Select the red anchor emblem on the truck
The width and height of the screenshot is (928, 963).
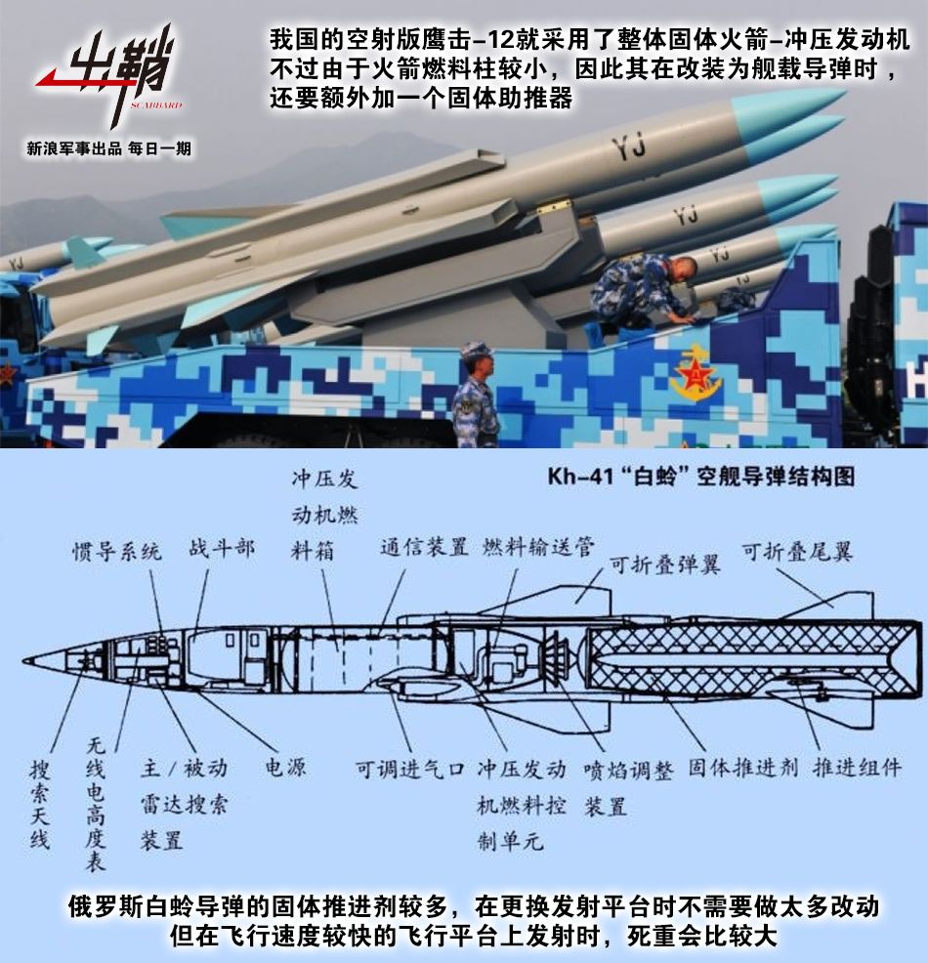pyautogui.click(x=696, y=376)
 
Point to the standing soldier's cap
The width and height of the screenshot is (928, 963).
pyautogui.click(x=477, y=349)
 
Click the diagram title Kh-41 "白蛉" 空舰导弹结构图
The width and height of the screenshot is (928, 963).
pyautogui.click(x=700, y=477)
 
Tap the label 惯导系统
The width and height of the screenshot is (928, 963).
pyautogui.click(x=117, y=550)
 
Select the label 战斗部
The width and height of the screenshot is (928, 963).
pyautogui.click(x=222, y=548)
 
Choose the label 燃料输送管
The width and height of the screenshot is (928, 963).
pyautogui.click(x=538, y=546)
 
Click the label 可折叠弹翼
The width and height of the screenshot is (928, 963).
pyautogui.click(x=664, y=564)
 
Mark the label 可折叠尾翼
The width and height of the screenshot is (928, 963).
pyautogui.click(x=797, y=551)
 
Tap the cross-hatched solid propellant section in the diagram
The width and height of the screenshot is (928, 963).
pyautogui.click(x=742, y=660)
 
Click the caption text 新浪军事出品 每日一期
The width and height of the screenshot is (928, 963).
pyautogui.click(x=109, y=149)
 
